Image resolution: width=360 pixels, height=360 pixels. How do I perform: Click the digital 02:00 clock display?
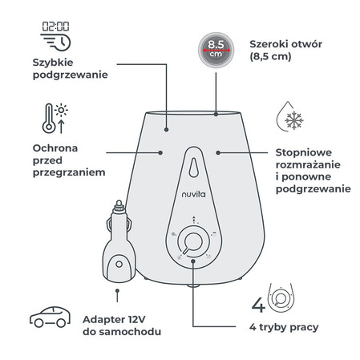[55, 26]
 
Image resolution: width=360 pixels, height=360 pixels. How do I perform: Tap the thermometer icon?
[49, 119]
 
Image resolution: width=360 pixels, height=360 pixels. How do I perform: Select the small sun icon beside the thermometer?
[61, 110]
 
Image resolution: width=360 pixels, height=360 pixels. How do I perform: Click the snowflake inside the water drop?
[294, 120]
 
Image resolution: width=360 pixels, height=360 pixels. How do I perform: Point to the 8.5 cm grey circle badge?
[216, 50]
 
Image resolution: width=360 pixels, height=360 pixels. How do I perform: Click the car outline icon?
[50, 317]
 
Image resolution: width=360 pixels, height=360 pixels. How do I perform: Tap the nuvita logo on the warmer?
[194, 194]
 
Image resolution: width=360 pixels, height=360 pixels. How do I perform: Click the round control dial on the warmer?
[193, 242]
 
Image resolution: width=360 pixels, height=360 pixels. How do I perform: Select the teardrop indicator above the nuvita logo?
[193, 168]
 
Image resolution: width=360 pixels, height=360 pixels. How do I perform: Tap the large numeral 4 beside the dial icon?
[258, 305]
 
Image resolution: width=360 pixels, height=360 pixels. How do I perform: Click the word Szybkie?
[53, 63]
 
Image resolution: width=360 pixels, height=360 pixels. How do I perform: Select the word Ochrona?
[55, 148]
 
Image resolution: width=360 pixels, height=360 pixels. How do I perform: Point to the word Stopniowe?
[304, 153]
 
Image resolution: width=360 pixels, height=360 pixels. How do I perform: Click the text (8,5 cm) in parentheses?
[270, 56]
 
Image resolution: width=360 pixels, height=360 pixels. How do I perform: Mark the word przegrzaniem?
[69, 172]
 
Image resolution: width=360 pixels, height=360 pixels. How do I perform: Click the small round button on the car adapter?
[119, 265]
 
